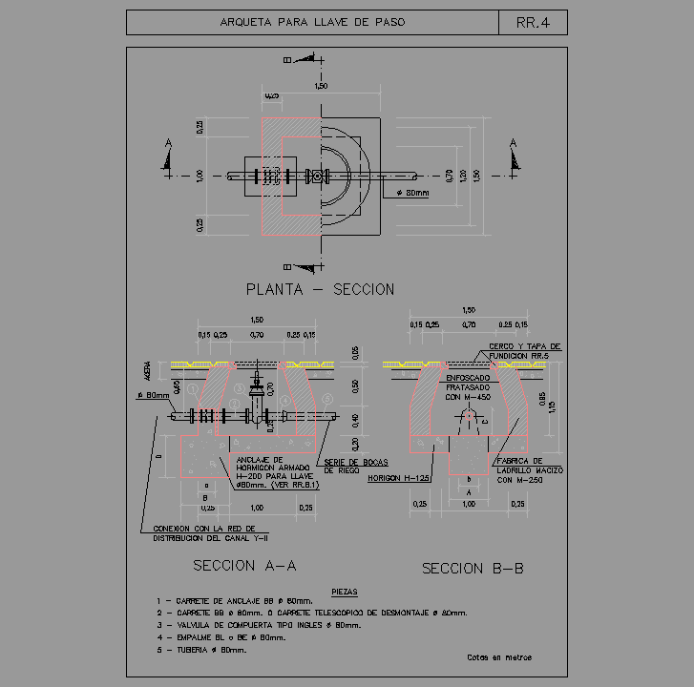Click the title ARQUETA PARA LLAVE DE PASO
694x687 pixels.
point(312,22)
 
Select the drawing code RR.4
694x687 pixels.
point(533,22)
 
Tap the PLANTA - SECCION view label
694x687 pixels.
point(320,289)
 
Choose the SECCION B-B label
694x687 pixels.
point(473,568)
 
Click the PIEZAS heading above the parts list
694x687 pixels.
point(344,593)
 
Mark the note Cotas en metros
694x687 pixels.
point(499,657)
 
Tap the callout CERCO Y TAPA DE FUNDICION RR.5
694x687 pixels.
point(524,351)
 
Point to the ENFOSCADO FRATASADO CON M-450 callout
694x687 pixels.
point(468,387)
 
